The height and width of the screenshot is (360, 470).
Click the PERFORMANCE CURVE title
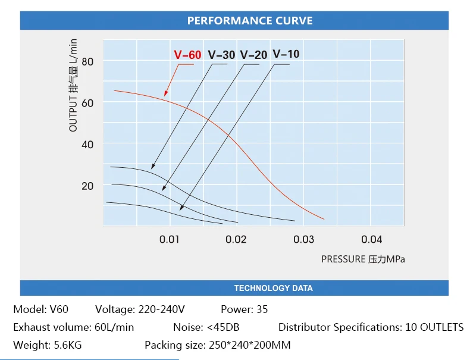pos(249,21)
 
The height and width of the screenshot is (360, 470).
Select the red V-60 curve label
pos(187,55)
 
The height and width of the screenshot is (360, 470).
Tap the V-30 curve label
pos(222,55)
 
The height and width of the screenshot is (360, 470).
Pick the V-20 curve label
pos(253,55)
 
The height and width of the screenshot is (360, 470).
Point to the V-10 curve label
pos(286,54)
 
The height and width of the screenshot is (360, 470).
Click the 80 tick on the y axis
pos(88,61)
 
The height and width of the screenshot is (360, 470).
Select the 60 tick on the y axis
pos(88,102)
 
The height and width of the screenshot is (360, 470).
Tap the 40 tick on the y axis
pos(88,144)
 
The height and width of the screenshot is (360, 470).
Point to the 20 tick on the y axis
pos(88,186)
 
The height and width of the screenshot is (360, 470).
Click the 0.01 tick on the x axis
pos(170,239)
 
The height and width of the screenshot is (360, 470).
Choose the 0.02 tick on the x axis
pos(237,239)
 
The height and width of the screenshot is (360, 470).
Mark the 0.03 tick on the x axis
pos(304,239)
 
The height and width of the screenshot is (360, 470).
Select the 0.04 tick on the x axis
pos(372,239)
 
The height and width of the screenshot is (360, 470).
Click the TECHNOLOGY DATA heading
pos(273,288)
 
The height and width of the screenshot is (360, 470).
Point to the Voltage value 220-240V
pos(161,309)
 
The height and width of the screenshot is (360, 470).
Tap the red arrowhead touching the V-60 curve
pos(165,94)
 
